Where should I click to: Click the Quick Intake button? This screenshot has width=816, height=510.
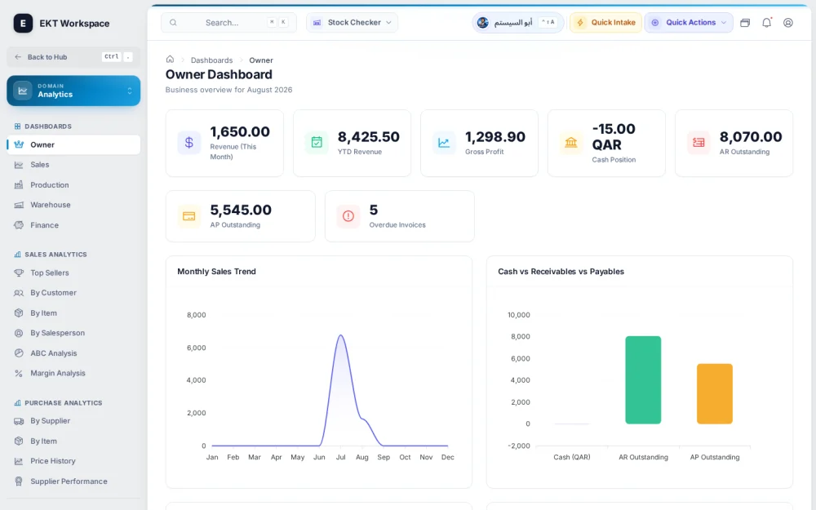(x=605, y=22)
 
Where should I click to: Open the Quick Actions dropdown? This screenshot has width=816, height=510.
(x=689, y=22)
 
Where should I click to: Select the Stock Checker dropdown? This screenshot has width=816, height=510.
(x=352, y=22)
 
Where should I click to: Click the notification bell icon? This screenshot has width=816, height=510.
(x=766, y=22)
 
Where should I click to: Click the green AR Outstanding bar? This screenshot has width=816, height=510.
(x=643, y=380)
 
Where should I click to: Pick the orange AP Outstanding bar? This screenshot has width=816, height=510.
(x=715, y=393)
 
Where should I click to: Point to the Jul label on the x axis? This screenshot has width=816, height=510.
(x=341, y=457)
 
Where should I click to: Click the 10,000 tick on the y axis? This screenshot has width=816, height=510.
(x=519, y=315)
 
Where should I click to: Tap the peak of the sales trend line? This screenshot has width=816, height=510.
(x=341, y=335)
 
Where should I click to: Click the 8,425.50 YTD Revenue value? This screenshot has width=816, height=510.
(x=369, y=136)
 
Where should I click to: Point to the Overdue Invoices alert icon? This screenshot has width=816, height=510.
(x=348, y=216)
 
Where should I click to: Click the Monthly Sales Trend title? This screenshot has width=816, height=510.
(x=216, y=271)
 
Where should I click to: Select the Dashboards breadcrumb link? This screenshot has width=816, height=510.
(x=212, y=60)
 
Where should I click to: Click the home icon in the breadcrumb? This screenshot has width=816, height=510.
(x=170, y=60)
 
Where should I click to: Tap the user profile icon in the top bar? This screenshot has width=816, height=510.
(x=788, y=22)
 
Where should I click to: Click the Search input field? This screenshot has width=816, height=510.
(x=228, y=22)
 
